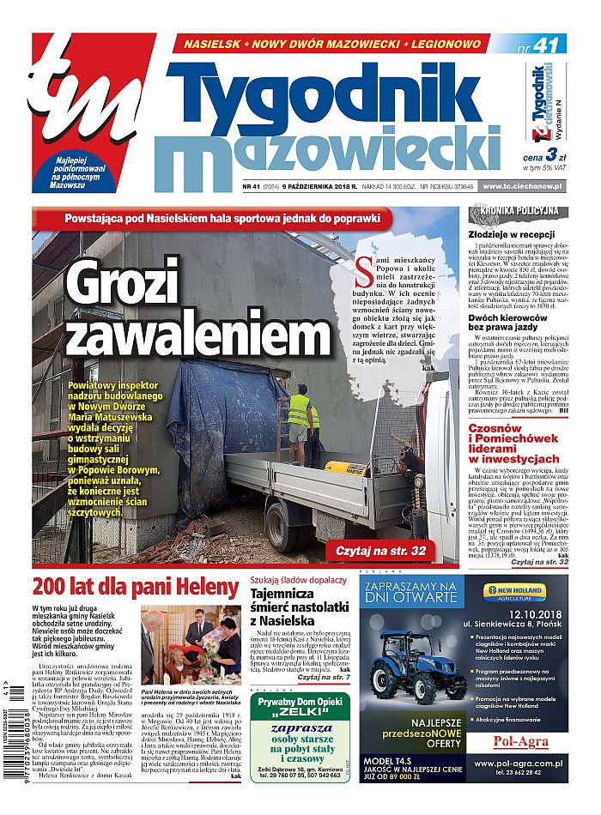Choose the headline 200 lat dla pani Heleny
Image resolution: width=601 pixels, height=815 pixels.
click(135, 588)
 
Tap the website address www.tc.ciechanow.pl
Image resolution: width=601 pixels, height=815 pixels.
click(523, 186)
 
